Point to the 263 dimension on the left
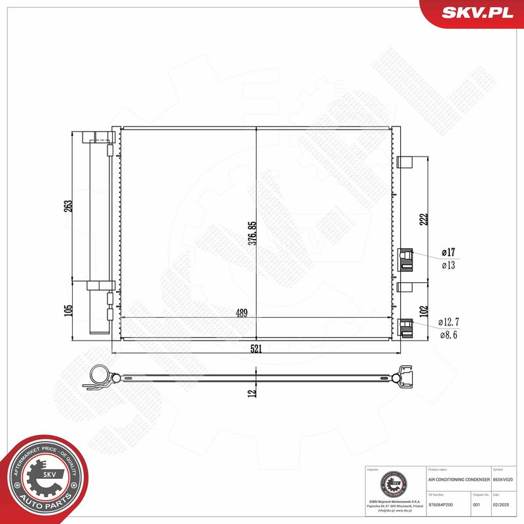68,206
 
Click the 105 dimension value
68,309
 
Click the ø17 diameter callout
449,252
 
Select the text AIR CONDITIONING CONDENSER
458,481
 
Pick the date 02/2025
501,504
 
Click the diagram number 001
477,504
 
